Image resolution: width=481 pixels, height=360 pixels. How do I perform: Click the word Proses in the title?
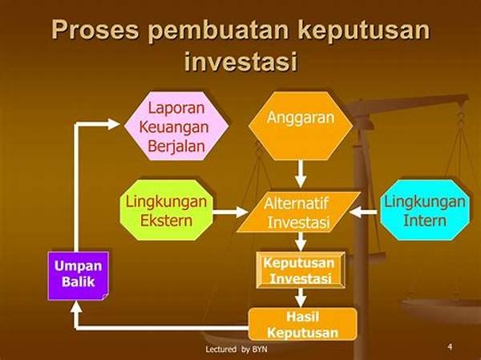[95, 30]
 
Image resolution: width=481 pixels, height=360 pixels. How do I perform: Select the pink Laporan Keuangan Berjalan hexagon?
[176, 126]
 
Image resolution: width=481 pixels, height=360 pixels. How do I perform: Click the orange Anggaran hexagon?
[301, 126]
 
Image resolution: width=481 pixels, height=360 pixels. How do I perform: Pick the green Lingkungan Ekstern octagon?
[166, 210]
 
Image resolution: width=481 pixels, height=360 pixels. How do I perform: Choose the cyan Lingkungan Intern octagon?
[425, 210]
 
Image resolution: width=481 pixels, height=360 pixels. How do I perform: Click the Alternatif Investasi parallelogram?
[298, 212]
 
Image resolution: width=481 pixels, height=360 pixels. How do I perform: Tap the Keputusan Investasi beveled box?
[301, 270]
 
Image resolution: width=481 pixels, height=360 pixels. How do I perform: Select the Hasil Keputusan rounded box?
[303, 324]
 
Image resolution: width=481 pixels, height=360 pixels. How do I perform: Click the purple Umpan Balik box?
[79, 276]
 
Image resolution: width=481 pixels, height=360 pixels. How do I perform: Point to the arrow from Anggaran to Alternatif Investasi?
[301, 174]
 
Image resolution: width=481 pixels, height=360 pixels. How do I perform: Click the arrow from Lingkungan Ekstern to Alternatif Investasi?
[230, 212]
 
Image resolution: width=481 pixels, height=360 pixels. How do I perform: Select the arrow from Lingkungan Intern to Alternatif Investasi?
[364, 212]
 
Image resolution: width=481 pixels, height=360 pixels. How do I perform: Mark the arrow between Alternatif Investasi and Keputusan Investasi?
[301, 241]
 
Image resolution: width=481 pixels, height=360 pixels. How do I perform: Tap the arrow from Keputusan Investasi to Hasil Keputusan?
[301, 297]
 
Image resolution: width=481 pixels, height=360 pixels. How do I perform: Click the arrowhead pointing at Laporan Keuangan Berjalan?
[113, 124]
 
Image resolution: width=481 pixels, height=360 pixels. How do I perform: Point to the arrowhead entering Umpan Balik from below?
[76, 307]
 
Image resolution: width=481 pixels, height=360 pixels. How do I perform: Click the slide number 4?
[450, 347]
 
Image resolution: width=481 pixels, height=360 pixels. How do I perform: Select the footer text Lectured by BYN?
[236, 349]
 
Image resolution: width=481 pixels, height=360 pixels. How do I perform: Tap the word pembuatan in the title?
[218, 31]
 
